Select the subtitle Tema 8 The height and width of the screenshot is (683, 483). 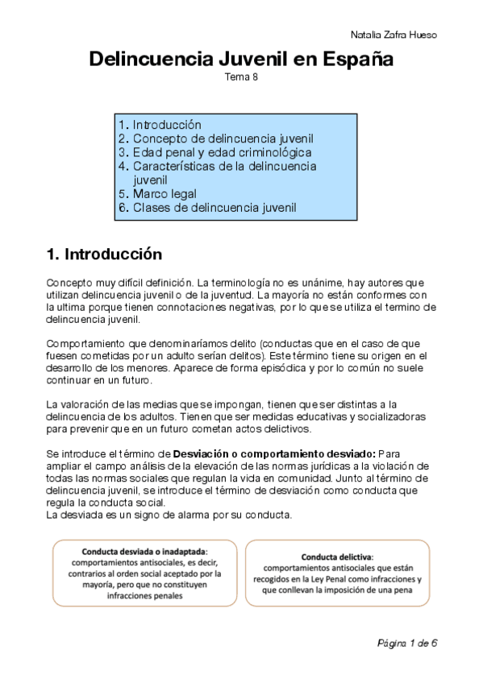(241, 77)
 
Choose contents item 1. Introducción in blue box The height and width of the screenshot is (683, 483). (160, 125)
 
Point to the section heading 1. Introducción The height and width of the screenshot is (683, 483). (104, 255)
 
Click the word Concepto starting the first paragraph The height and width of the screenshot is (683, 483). (70, 283)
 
